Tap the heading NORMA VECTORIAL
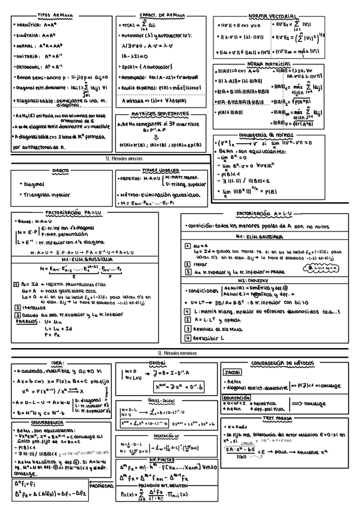(x=272, y=16)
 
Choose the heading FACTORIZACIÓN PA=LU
(x=71, y=213)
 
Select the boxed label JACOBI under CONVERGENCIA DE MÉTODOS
(x=232, y=372)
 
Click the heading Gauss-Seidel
(x=159, y=400)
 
